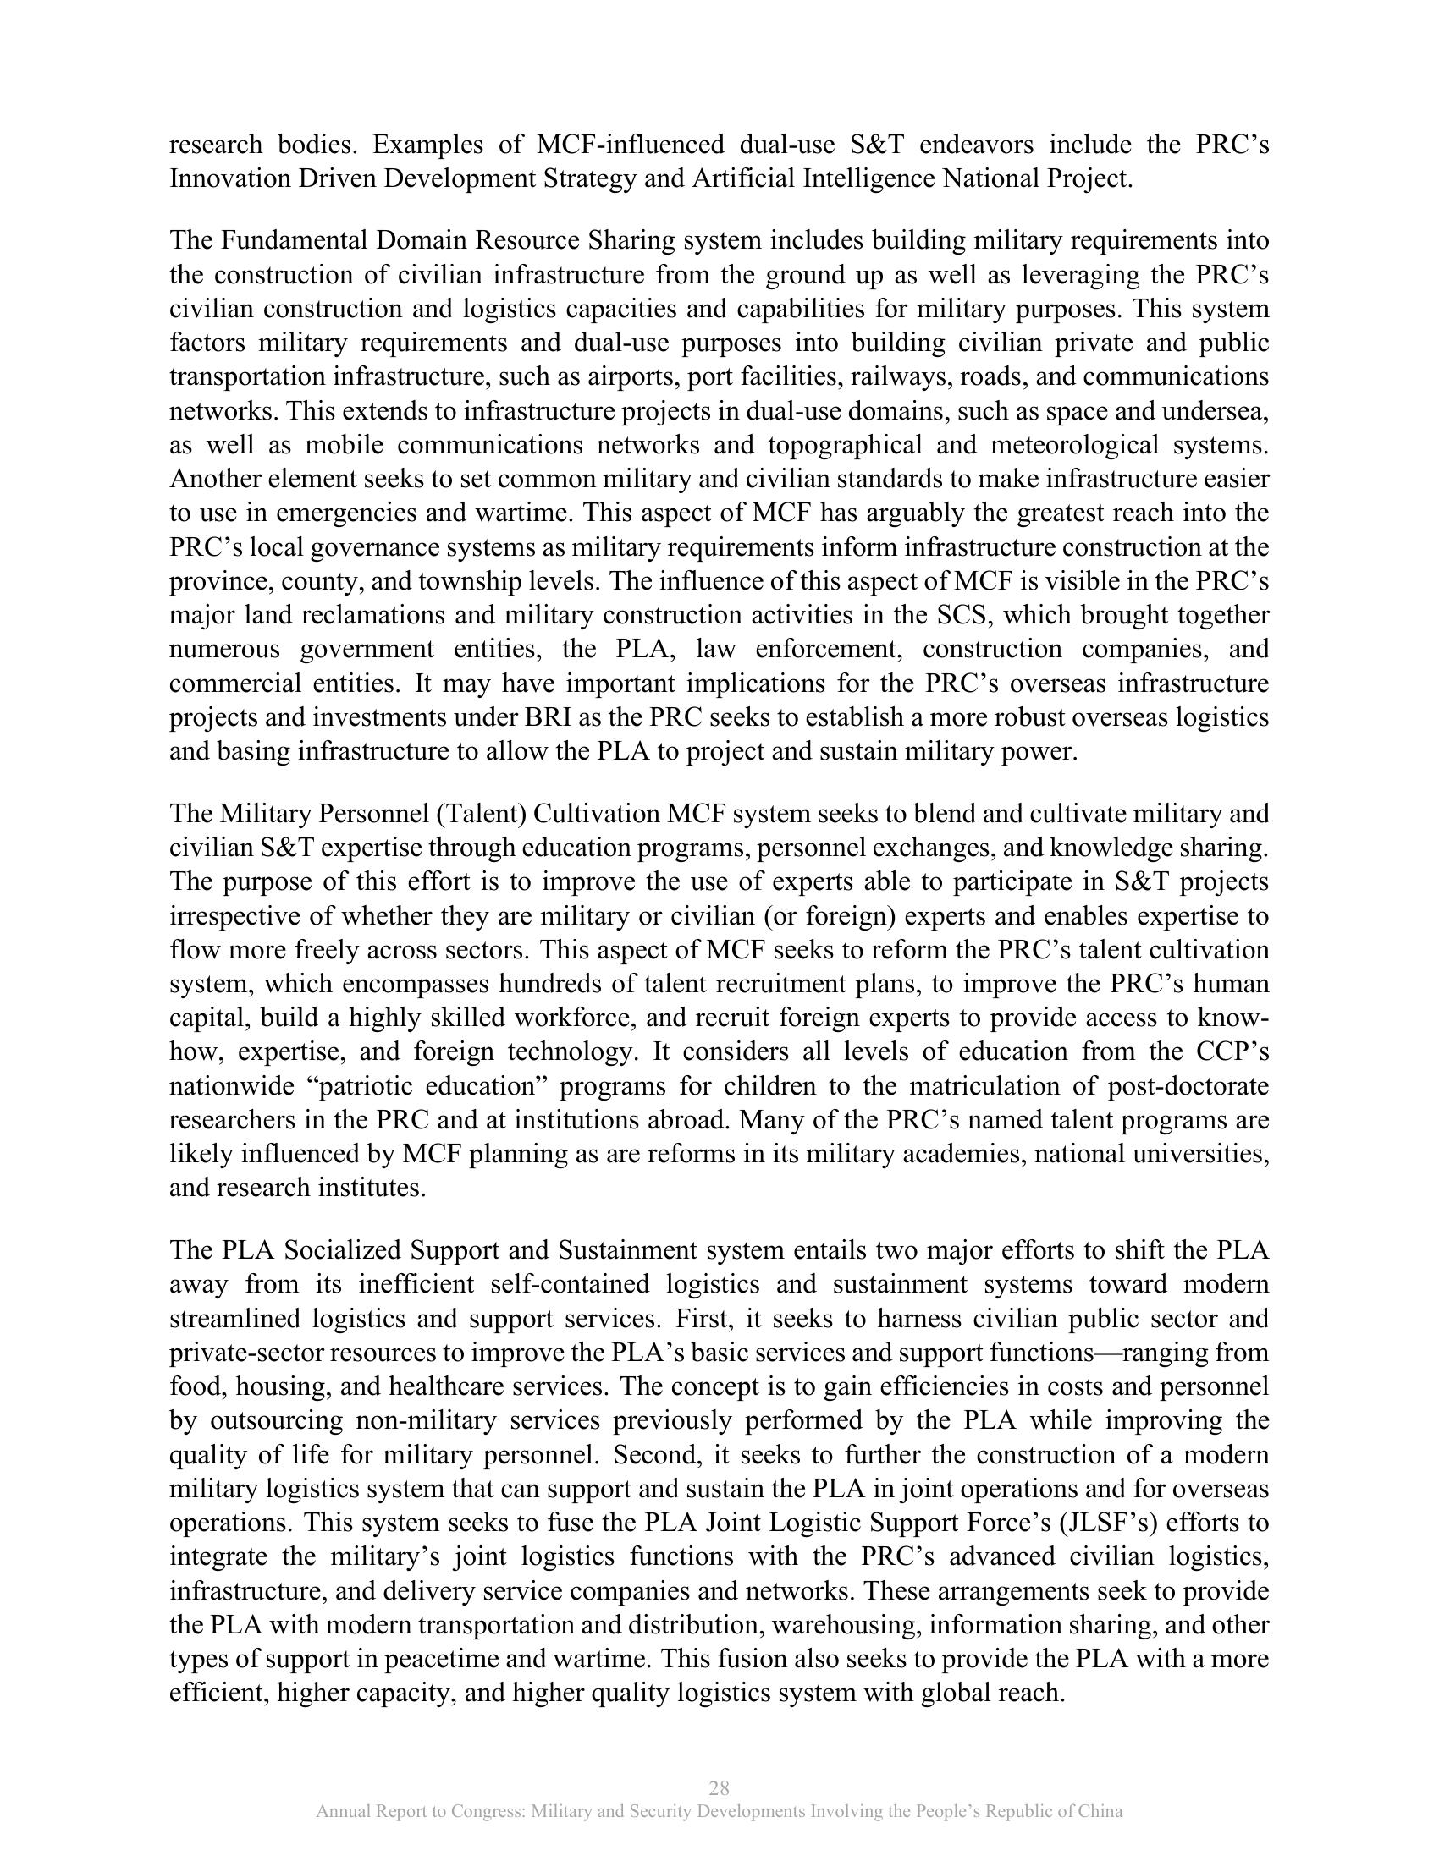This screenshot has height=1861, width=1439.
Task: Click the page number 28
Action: (719, 1787)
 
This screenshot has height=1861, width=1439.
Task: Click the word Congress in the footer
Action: (484, 1812)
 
